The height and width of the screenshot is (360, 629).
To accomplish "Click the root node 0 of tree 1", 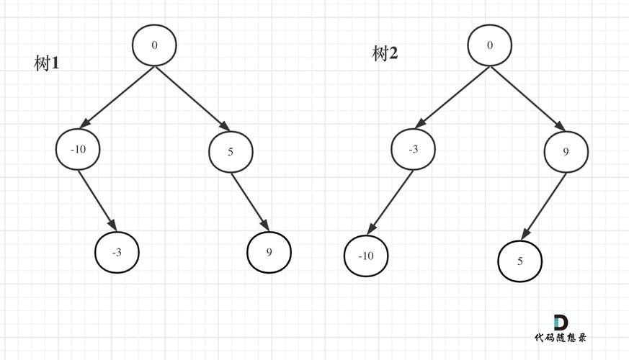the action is (154, 45).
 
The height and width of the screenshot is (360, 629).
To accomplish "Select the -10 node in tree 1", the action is (78, 149).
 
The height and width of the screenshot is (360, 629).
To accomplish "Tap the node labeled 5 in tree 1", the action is (231, 151).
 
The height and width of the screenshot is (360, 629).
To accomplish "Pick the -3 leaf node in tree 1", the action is (117, 253).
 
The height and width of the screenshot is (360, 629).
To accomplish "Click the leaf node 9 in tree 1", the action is (269, 252).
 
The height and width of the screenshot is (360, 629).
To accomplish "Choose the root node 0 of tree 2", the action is (490, 45).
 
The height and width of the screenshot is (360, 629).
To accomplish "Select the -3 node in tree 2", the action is (413, 149).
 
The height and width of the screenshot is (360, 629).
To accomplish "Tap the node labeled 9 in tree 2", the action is (566, 151).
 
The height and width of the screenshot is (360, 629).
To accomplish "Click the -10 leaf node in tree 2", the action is (366, 256).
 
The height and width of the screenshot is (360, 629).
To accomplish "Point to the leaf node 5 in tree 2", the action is (520, 261).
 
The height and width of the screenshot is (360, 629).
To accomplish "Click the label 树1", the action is (47, 63).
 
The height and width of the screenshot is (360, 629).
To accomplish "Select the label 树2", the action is (385, 53).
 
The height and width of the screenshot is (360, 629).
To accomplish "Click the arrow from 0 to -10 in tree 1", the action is (117, 97).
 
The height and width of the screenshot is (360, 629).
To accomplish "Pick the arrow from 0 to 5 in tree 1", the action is (192, 99).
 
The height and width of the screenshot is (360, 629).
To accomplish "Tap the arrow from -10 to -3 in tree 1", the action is (97, 201).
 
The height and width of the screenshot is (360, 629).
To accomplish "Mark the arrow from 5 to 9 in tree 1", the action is (250, 202).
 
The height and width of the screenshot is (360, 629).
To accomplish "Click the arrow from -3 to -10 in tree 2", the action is (390, 202).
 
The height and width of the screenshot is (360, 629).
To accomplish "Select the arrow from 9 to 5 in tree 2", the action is (543, 207).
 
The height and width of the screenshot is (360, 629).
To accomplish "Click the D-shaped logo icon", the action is (561, 323).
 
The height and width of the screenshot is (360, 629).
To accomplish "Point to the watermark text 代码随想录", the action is (561, 338).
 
